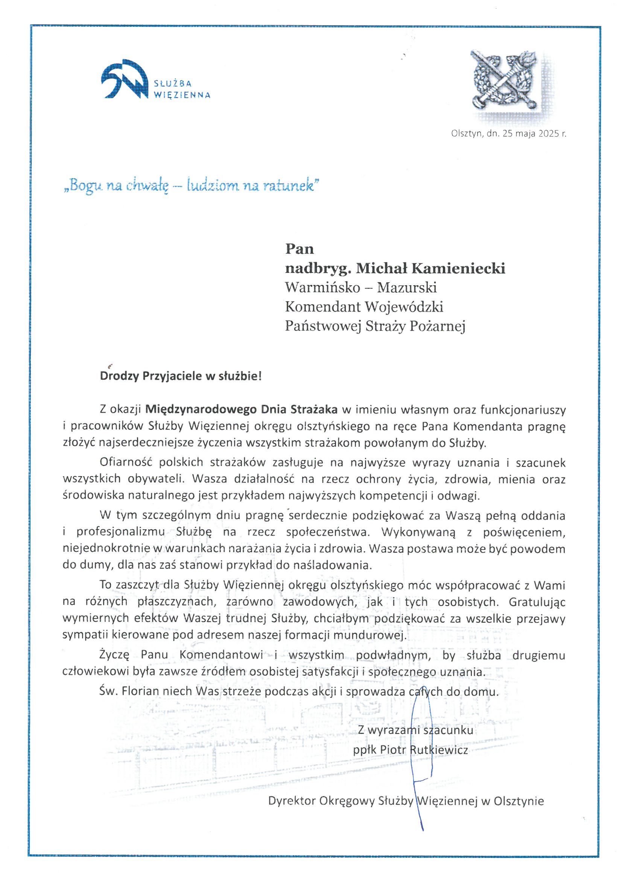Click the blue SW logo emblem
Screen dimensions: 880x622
point(125,79)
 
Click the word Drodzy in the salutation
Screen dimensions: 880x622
point(119,376)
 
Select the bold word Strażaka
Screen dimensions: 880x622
point(313,410)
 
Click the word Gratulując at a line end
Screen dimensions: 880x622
point(537,602)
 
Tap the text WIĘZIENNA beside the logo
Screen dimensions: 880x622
point(182,95)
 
